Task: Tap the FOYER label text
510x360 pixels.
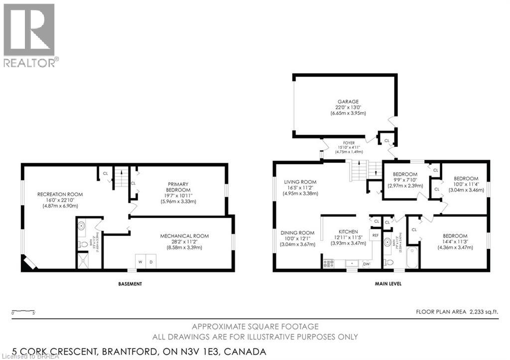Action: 348,143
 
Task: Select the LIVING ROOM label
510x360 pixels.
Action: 300,182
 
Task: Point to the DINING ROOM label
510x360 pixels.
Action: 297,233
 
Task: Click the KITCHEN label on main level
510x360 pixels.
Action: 348,232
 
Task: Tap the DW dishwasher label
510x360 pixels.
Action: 367,264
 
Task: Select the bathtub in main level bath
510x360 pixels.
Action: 412,257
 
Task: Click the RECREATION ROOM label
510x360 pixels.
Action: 60,194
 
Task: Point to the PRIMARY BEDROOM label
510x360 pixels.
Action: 178,187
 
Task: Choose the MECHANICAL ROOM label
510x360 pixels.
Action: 184,236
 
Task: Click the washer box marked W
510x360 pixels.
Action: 140,262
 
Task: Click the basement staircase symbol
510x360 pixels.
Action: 121,177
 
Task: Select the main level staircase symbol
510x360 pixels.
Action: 360,171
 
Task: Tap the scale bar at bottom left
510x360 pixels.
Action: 23,312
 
